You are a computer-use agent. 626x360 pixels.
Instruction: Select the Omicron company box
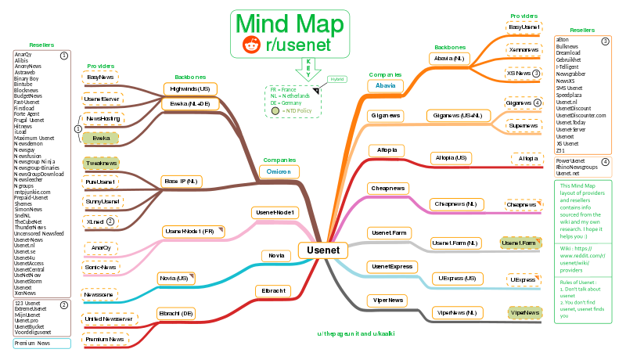pos(279,172)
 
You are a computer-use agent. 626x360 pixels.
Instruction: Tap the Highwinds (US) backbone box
pos(190,89)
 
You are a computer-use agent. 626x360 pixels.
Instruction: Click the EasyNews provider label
pos(100,77)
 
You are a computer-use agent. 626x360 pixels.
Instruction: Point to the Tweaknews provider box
pos(100,163)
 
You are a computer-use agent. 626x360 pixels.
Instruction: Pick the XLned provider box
pos(100,221)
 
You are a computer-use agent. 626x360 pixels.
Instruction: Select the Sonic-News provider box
pos(100,267)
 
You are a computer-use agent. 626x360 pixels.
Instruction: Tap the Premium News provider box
pos(106,339)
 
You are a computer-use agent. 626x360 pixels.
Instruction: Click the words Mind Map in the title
pos(289,23)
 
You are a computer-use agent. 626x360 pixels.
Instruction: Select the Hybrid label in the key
pos(337,79)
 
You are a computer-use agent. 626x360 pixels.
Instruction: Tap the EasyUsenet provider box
pos(524,27)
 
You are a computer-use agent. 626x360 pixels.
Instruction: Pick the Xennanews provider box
pos(524,49)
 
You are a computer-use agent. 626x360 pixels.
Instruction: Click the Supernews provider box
pos(523,125)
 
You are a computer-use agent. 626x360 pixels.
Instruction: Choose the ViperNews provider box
pos(523,313)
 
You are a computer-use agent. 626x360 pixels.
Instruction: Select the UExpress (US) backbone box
pos(455,279)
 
